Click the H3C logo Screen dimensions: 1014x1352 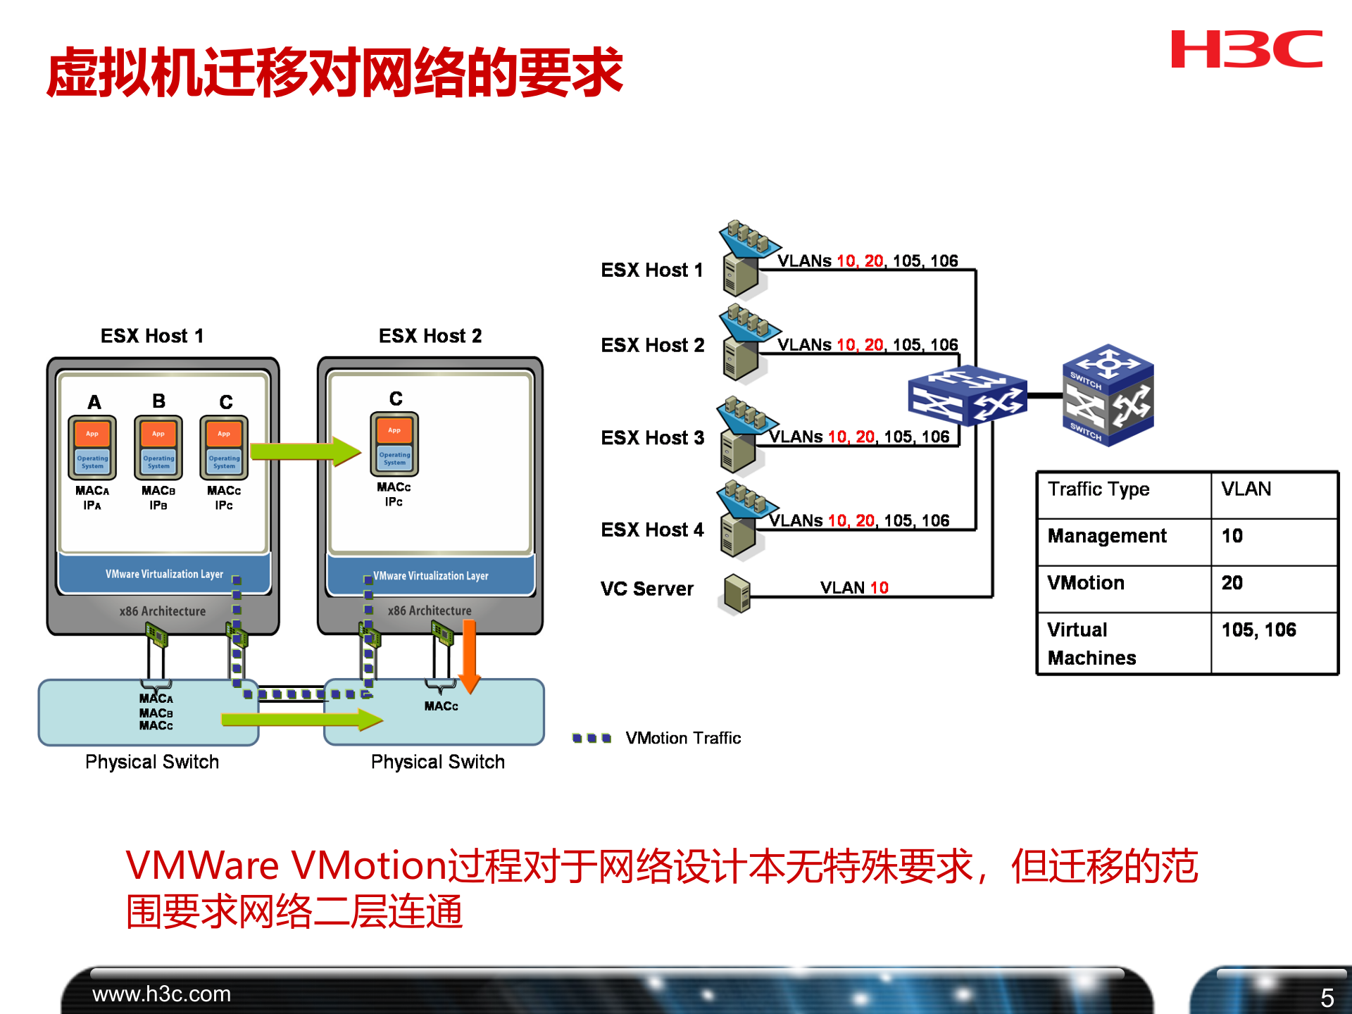[1246, 49]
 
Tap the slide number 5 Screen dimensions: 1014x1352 [1327, 997]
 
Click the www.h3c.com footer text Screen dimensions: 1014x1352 [161, 994]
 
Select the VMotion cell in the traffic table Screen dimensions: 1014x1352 [1086, 583]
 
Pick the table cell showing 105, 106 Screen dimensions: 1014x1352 [1258, 630]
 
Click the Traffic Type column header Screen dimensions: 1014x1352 [1098, 489]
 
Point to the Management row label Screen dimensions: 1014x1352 [1107, 536]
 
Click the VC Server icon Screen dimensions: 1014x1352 [736, 593]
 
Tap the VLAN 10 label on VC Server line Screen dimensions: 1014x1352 [854, 587]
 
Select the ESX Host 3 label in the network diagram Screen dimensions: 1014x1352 [652, 438]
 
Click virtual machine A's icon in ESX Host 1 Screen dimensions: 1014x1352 [92, 448]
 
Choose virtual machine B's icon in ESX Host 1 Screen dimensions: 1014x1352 [158, 448]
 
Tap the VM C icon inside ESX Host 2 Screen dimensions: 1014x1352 [394, 444]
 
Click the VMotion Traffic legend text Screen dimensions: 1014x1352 [682, 738]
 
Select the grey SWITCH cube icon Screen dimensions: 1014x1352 [1108, 395]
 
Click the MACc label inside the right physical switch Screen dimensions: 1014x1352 [441, 706]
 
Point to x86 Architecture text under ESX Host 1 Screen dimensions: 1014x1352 [163, 611]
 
